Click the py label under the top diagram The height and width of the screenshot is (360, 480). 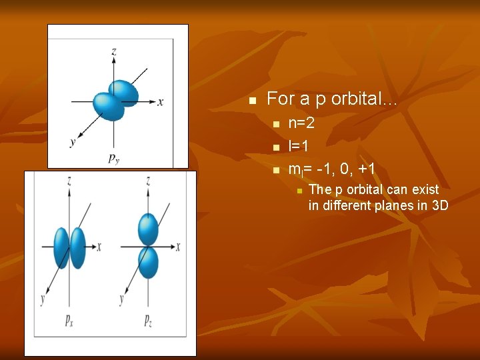pos(114,158)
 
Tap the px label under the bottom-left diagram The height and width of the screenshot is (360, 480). pos(69,321)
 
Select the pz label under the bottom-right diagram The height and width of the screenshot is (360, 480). pos(147,321)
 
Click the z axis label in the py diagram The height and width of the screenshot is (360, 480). pos(114,51)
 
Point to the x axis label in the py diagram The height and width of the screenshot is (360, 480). pos(161,102)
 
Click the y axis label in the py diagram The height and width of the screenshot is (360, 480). pos(71,141)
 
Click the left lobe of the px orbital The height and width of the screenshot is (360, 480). pos(61,247)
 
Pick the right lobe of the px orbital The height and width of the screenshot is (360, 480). pos(77,247)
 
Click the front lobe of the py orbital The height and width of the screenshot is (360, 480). pos(108,106)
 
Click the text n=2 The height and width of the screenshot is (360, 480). pos(301,123)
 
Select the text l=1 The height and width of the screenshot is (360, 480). pos(297,146)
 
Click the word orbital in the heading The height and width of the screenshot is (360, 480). pos(364,99)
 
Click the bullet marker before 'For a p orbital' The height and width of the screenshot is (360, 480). pos(252,101)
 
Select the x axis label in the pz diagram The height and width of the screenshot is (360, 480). pos(178,247)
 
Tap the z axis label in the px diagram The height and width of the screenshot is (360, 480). pos(69,181)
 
